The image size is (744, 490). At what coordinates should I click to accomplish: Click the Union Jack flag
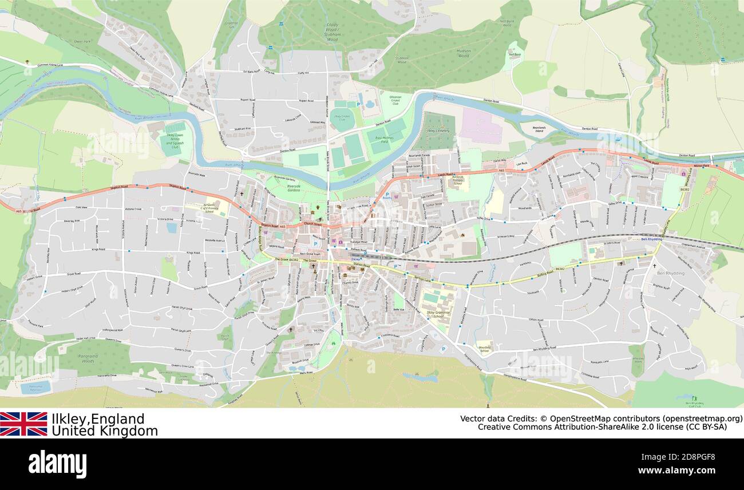click(23, 424)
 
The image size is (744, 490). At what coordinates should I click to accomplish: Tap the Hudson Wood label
click(463, 53)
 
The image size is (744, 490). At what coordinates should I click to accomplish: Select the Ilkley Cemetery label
click(438, 131)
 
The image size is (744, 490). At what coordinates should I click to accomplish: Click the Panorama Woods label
click(88, 359)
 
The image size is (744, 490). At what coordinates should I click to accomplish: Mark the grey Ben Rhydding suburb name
click(670, 273)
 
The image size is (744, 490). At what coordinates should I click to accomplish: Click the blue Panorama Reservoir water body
click(35, 388)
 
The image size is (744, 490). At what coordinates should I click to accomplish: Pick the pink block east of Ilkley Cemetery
click(481, 127)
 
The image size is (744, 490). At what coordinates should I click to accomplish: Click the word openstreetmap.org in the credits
click(702, 418)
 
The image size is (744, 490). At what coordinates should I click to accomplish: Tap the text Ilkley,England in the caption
click(98, 418)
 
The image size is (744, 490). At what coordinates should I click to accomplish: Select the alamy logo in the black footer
click(57, 464)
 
